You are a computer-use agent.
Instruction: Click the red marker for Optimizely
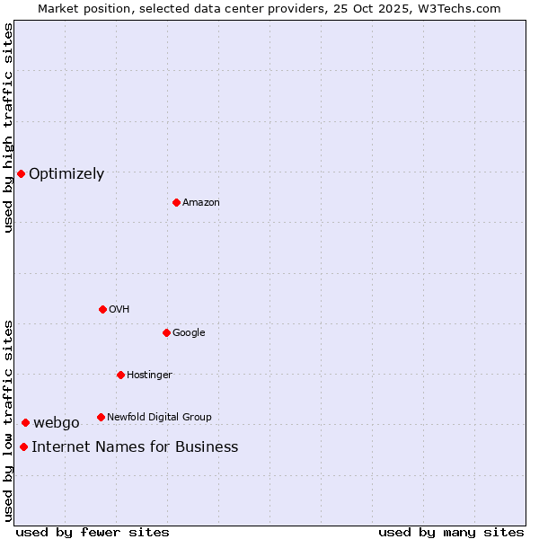[21, 173]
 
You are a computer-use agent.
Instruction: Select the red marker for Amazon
[176, 202]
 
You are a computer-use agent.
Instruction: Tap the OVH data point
[102, 309]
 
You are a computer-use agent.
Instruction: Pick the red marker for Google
[166, 332]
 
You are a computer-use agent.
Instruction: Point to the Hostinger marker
[120, 375]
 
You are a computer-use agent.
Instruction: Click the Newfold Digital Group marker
[101, 417]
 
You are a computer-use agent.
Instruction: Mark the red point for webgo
[25, 422]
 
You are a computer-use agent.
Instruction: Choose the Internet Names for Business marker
[23, 446]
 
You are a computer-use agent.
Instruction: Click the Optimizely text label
[66, 174]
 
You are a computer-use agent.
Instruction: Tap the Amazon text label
[201, 202]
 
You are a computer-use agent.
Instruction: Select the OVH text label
[119, 309]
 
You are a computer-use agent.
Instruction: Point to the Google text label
[189, 332]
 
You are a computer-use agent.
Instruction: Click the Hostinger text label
[149, 375]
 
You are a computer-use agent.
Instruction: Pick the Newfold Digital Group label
[159, 417]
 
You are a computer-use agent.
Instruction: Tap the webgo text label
[57, 423]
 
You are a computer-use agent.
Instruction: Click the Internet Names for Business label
[135, 447]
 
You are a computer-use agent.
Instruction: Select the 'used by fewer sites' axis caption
[93, 532]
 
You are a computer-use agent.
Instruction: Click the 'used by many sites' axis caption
[451, 532]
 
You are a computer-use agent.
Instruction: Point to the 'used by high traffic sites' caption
[8, 128]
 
